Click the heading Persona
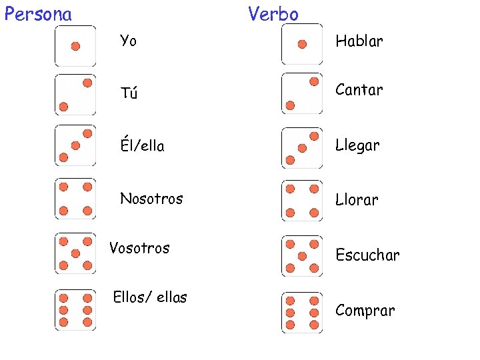(38, 14)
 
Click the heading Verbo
(273, 14)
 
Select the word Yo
(129, 41)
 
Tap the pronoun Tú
(129, 93)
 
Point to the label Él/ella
(142, 145)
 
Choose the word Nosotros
(151, 198)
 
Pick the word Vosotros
(139, 248)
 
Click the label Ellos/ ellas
(150, 297)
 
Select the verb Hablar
(359, 41)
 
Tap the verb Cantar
(359, 89)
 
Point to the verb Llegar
(358, 145)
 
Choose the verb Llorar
(357, 199)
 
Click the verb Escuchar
(368, 255)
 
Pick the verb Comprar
(365, 311)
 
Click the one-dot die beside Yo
(75, 46)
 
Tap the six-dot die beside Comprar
(302, 312)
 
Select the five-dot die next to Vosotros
(75, 253)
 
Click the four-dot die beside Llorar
(302, 201)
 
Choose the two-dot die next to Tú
(75, 95)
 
